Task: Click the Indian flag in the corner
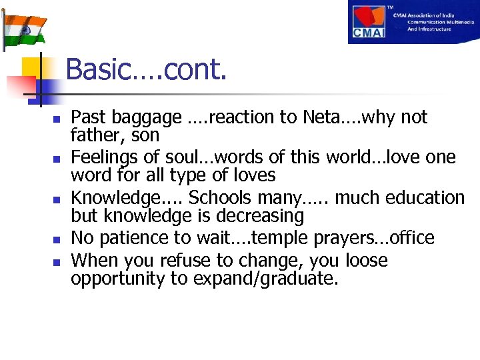tap(24, 27)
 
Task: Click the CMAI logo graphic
tap(373, 22)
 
